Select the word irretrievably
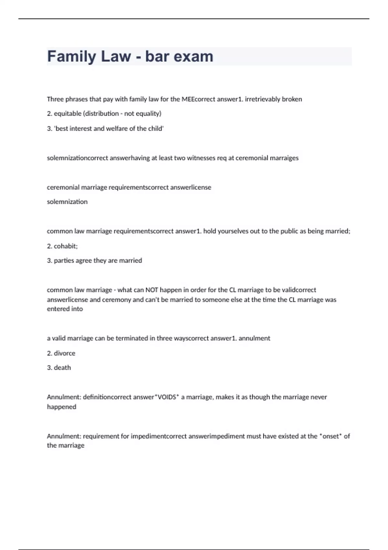262,99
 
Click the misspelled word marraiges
283,158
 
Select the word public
289,231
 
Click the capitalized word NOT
152,290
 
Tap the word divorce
64,353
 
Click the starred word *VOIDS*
167,397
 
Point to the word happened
61,407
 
